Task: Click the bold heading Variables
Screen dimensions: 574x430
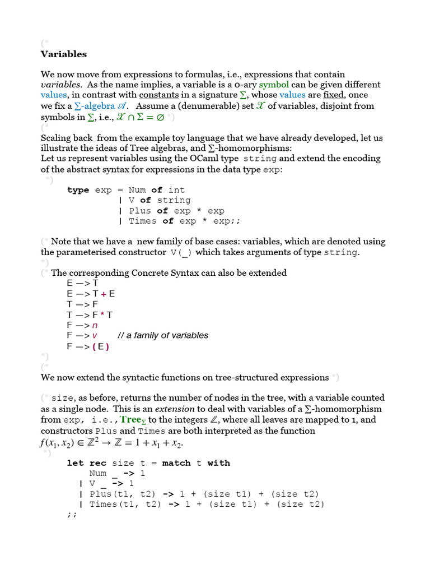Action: tap(63, 54)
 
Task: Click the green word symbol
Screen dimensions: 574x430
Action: tap(274, 85)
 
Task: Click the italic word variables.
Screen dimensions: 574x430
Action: tap(61, 85)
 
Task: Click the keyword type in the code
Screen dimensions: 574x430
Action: tap(78, 190)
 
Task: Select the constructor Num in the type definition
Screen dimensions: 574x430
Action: tap(137, 190)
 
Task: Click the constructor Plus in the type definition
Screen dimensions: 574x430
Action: tap(140, 211)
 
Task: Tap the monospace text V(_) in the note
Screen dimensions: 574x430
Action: tap(181, 252)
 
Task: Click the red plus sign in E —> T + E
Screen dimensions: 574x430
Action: tap(104, 294)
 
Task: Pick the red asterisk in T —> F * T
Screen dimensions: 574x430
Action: tap(102, 314)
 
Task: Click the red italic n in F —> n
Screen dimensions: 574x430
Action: tap(95, 325)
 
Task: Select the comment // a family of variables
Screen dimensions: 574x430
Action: tap(163, 335)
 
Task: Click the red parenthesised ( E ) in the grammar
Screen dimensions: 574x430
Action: tap(100, 346)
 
